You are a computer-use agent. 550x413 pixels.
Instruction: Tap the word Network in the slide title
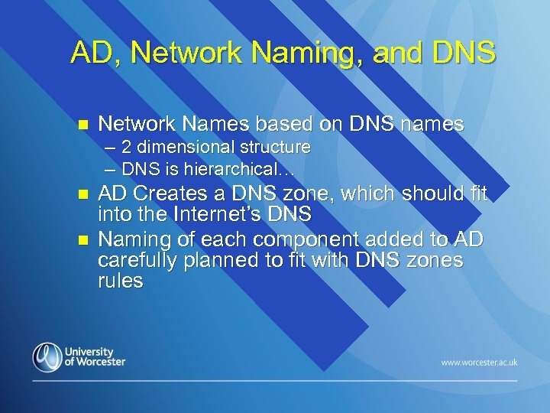tap(193, 53)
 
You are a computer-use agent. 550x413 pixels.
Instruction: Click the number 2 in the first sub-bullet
tap(126, 146)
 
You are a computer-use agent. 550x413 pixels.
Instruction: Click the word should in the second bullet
tap(423, 194)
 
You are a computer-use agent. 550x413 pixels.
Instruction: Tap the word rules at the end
tap(120, 281)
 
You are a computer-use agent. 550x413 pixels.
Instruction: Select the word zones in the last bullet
tap(435, 260)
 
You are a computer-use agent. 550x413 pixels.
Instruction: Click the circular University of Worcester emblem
tap(47, 356)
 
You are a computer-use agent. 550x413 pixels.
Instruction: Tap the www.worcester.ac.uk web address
tap(479, 362)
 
